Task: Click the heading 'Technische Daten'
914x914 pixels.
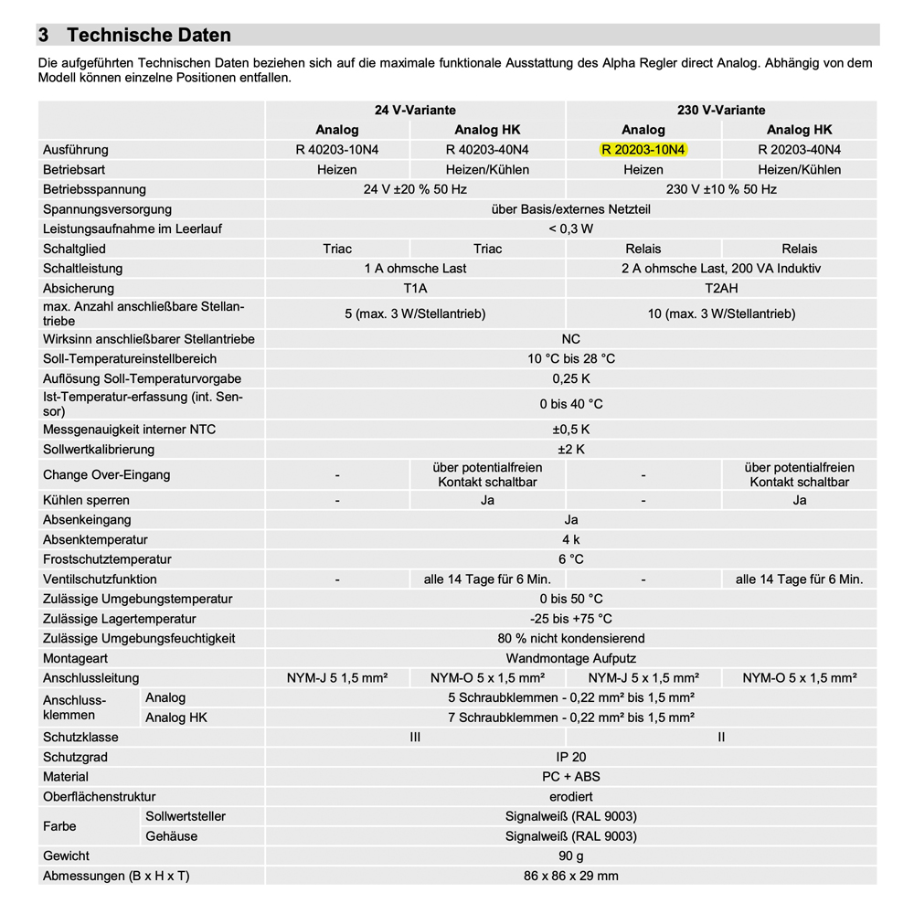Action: click(148, 36)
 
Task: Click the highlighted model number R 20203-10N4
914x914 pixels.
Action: click(643, 150)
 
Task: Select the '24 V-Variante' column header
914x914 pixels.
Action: click(415, 111)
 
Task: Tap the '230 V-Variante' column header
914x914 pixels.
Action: click(721, 111)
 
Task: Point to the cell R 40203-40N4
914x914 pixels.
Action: click(487, 150)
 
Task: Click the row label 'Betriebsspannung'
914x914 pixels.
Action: click(94, 189)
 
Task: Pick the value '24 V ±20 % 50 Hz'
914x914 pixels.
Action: click(415, 189)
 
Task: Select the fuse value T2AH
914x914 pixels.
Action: click(721, 289)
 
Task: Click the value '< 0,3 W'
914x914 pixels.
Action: click(570, 229)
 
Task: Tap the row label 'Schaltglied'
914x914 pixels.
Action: click(74, 249)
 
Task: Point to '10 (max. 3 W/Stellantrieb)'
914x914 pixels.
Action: click(721, 314)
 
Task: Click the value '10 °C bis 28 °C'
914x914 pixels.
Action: click(570, 359)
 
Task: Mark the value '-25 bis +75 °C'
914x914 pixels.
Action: click(570, 619)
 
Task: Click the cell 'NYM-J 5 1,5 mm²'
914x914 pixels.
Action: click(337, 678)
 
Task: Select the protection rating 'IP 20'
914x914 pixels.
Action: click(570, 757)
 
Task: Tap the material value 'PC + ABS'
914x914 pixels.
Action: click(570, 777)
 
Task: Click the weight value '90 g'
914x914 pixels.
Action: click(570, 856)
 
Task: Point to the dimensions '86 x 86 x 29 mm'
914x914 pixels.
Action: click(570, 877)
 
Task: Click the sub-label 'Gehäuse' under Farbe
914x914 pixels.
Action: click(171, 836)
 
